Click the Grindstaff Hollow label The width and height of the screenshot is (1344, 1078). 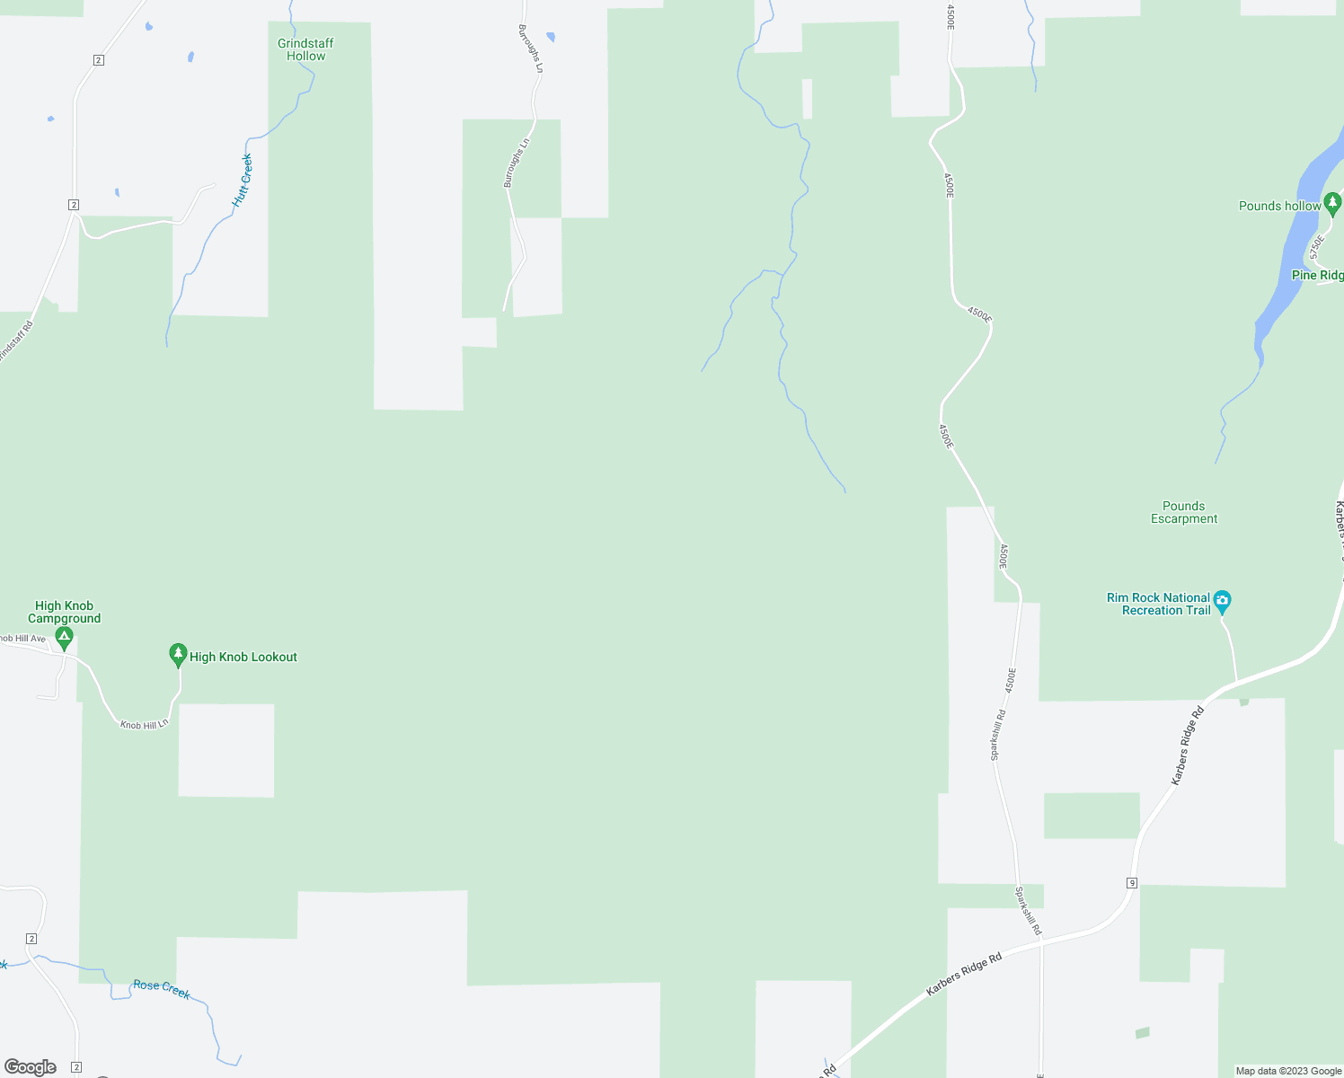(305, 49)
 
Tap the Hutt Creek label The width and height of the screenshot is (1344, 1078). (242, 181)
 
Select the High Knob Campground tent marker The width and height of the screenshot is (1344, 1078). (64, 639)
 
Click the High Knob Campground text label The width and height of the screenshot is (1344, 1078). (64, 612)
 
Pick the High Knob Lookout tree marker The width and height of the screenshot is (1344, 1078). (178, 655)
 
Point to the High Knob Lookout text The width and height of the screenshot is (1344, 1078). (243, 657)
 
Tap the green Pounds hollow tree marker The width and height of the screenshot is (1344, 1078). (1332, 204)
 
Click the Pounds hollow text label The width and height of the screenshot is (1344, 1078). (1279, 206)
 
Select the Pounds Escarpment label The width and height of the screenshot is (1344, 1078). (1184, 512)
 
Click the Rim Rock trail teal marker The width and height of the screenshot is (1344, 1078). (1222, 601)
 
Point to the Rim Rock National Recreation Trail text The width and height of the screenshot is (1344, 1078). (1158, 604)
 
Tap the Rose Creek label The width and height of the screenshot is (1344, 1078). (162, 988)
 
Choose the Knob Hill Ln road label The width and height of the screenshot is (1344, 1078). (144, 724)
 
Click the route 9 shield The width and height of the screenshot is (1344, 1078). (1132, 883)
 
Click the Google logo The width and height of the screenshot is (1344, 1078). (31, 1067)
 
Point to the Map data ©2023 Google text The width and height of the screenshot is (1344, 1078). (1288, 1071)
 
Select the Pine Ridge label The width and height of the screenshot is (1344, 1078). (1317, 275)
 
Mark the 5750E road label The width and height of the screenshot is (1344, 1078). (1317, 247)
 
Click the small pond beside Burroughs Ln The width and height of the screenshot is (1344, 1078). (551, 37)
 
